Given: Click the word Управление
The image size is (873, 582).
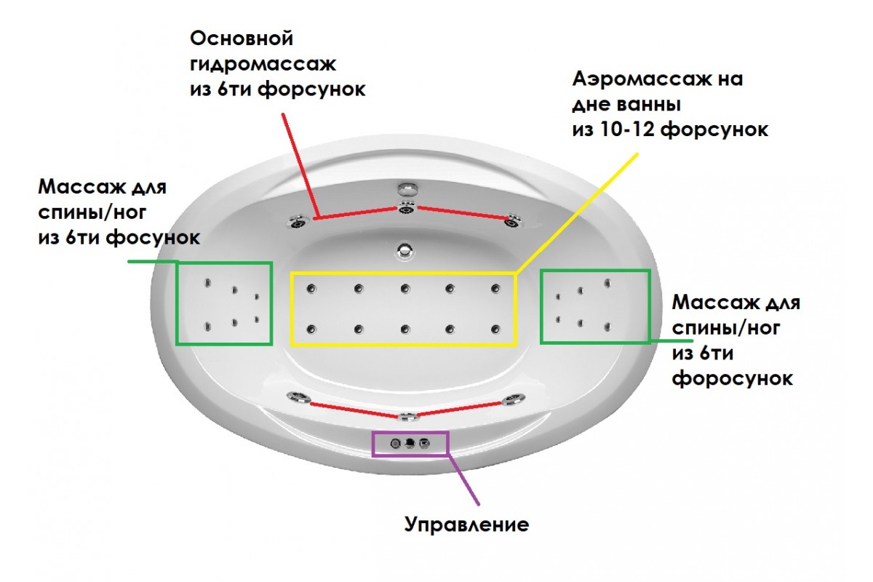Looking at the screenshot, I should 466,525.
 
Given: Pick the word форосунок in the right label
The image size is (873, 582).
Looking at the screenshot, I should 732,379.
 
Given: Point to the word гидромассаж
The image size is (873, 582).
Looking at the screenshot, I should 263,63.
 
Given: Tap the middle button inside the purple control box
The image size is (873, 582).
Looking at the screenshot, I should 410,443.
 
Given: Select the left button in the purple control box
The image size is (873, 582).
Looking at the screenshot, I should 396,443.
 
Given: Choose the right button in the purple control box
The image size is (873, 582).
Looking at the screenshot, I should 425,443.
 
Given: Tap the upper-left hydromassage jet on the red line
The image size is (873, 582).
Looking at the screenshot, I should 298,222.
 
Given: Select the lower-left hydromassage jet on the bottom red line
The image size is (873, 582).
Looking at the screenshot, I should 298,397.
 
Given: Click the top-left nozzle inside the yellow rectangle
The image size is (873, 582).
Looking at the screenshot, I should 312,289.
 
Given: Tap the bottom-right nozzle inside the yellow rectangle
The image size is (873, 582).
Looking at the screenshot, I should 495,329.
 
